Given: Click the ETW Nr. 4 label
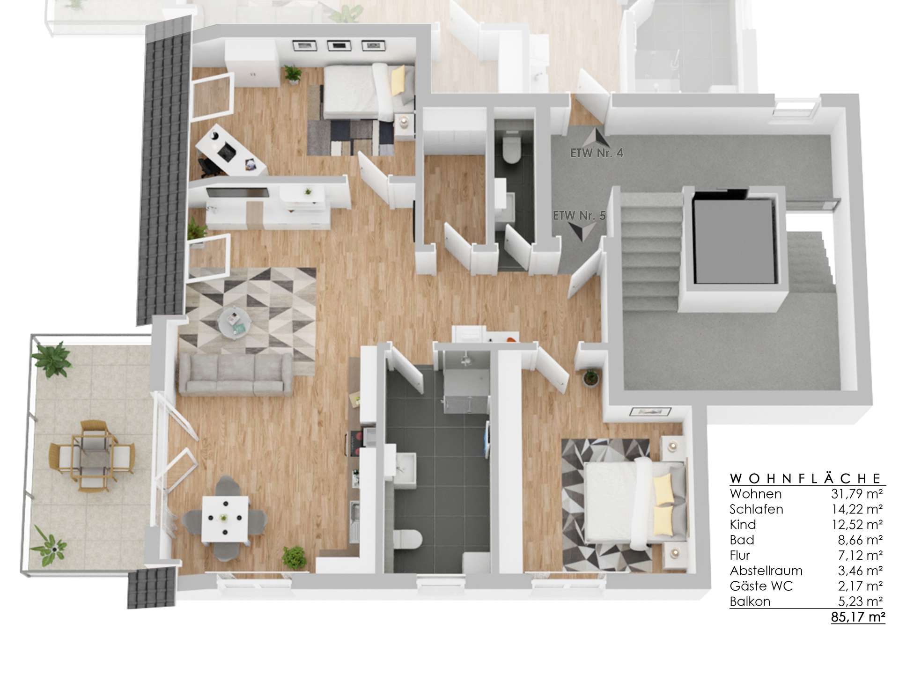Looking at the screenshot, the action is click(597, 153).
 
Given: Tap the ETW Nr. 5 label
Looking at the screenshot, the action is click(579, 216).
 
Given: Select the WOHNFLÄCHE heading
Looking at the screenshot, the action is click(806, 478).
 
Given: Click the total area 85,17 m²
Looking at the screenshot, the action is click(858, 617).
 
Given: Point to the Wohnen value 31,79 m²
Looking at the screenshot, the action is click(857, 494).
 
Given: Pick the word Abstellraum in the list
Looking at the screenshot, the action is click(766, 571).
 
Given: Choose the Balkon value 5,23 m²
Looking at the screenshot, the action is click(860, 601).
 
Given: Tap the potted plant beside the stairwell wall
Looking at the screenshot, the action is click(591, 377).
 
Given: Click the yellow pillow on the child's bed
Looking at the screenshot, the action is click(398, 80).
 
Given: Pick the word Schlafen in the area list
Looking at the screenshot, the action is click(756, 509).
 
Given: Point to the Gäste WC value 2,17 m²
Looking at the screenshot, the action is click(860, 586).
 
